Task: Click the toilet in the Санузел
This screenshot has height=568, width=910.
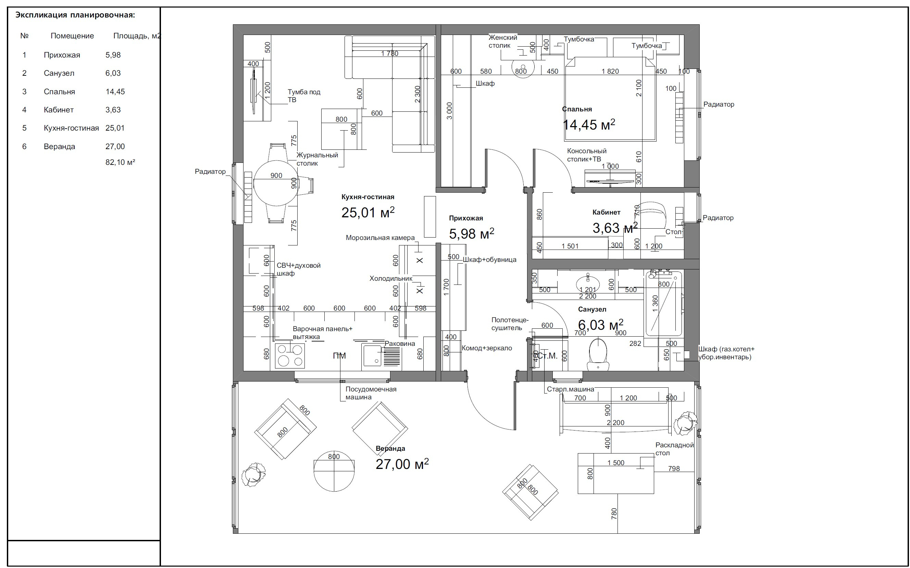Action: [x=598, y=353]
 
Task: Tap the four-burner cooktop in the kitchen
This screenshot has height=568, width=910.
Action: [x=290, y=356]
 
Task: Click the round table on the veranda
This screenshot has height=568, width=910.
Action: [x=334, y=471]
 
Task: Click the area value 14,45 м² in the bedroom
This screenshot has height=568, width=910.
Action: [x=589, y=124]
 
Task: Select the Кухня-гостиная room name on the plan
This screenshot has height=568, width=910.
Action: [x=368, y=197]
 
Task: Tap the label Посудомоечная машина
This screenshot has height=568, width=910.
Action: [x=371, y=393]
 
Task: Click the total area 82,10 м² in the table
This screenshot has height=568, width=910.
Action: [x=120, y=162]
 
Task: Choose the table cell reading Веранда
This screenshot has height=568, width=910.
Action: [x=59, y=146]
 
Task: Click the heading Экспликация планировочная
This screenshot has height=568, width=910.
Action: [x=75, y=15]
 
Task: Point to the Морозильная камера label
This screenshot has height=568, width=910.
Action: [x=380, y=238]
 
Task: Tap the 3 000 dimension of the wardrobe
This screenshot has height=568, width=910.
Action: [x=450, y=111]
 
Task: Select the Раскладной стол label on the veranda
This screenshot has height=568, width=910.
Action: [x=674, y=449]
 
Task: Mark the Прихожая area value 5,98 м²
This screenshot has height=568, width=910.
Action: [x=472, y=234]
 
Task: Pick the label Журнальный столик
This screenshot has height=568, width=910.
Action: [x=317, y=159]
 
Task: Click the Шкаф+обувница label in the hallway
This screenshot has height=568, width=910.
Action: [x=489, y=259]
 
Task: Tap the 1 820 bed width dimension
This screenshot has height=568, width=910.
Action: [x=610, y=71]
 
